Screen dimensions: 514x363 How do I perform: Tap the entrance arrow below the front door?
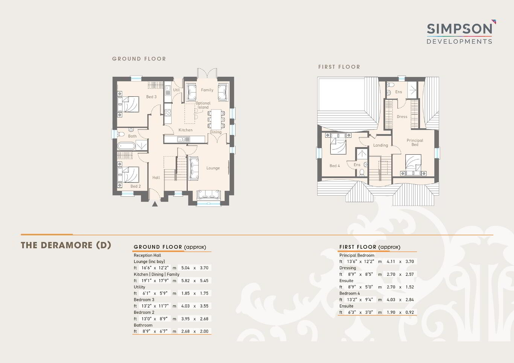(155, 204)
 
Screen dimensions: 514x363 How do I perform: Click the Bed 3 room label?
(151, 97)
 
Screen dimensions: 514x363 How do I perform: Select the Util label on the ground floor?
(176, 90)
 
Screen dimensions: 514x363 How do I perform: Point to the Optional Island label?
(203, 105)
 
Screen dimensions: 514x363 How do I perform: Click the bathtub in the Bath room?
(126, 146)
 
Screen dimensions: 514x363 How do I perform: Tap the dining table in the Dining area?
(216, 120)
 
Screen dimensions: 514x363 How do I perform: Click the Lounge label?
(213, 168)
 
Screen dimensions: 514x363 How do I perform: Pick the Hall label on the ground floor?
(156, 178)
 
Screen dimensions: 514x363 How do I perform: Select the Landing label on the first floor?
(380, 145)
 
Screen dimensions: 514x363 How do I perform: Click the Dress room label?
(402, 117)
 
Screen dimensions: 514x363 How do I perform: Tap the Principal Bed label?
(415, 143)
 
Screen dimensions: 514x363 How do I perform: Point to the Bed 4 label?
(335, 166)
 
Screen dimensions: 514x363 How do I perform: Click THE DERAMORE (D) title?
(66, 245)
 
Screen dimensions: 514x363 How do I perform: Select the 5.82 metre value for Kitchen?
(186, 281)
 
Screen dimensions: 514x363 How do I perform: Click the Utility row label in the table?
(140, 287)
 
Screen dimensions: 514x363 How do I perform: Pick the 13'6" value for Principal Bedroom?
(352, 261)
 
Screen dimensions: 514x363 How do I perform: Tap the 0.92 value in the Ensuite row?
(410, 312)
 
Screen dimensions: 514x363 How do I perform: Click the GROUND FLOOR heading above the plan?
(139, 59)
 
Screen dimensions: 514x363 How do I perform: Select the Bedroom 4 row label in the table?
(350, 293)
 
